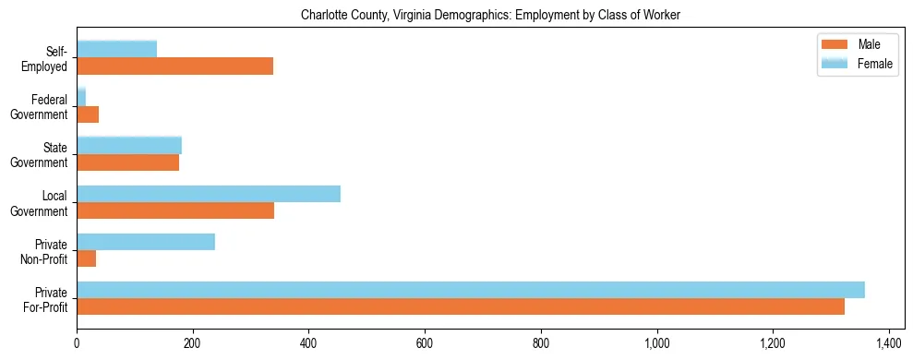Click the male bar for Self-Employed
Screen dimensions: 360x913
[174, 66]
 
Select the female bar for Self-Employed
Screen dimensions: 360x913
[116, 49]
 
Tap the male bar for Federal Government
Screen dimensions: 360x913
[88, 114]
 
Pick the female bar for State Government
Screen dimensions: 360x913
[129, 145]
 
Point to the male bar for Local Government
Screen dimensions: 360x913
[175, 210]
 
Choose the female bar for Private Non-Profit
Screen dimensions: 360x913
[146, 242]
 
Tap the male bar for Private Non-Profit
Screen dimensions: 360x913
[86, 258]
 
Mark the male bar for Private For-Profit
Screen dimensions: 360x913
[461, 306]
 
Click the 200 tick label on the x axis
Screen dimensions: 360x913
[192, 344]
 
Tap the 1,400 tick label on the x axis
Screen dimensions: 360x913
[889, 344]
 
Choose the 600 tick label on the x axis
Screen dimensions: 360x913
[425, 344]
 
